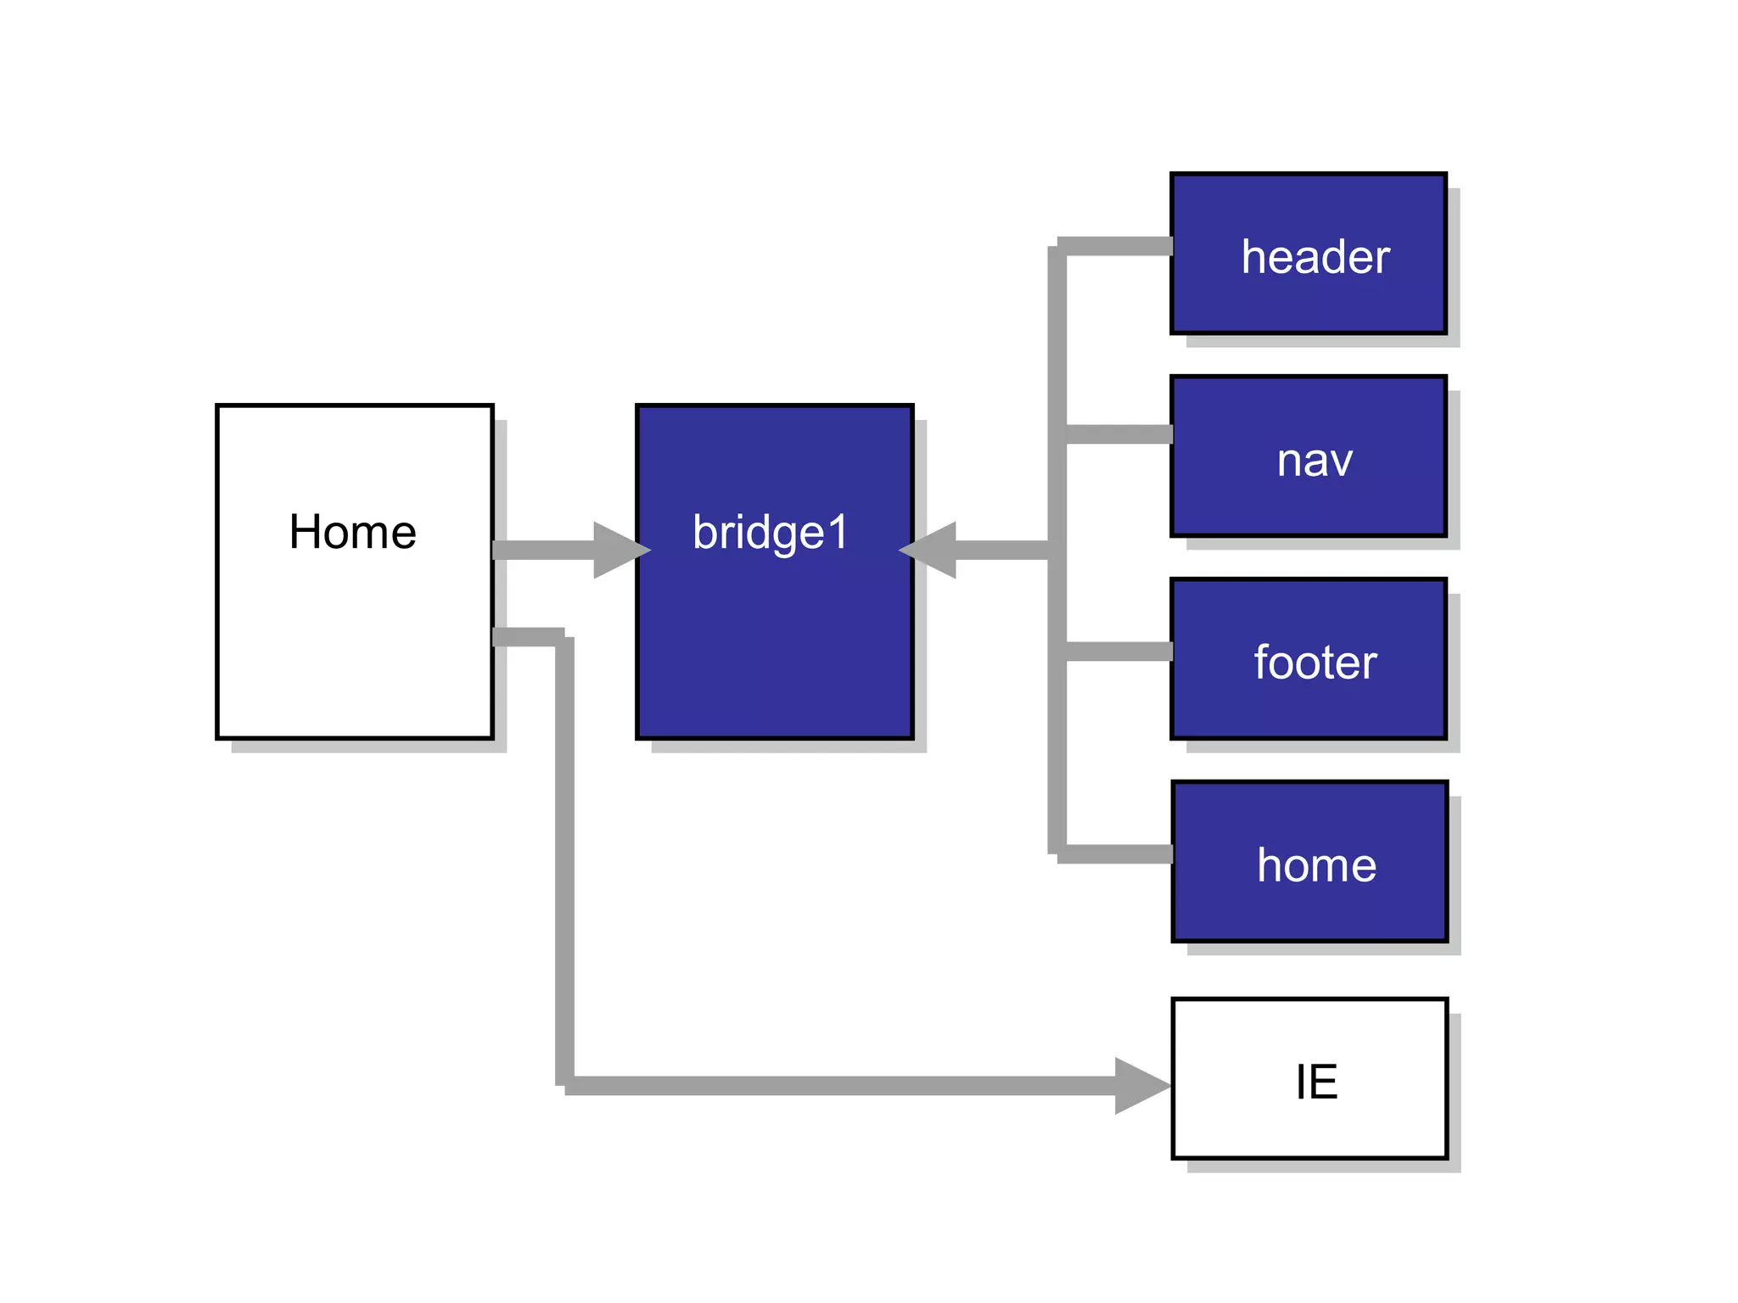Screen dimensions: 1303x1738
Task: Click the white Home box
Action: coord(354,645)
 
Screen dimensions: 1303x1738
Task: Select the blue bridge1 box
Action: coord(774,645)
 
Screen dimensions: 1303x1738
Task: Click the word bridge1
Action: coord(770,533)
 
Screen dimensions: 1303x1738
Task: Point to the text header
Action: coord(1315,257)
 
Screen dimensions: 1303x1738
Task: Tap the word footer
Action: coord(1315,663)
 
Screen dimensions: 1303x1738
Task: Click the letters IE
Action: coord(1316,1082)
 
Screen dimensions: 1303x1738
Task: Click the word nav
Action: coord(1315,461)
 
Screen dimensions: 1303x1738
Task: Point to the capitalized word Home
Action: coord(352,532)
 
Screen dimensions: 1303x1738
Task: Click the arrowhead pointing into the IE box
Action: coord(1140,1085)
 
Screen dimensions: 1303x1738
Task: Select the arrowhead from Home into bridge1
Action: coord(619,550)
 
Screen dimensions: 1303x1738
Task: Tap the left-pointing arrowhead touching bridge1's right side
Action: coord(932,550)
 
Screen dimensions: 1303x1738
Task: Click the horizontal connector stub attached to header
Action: coord(1116,247)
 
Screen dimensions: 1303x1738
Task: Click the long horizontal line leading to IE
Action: coord(840,1086)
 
